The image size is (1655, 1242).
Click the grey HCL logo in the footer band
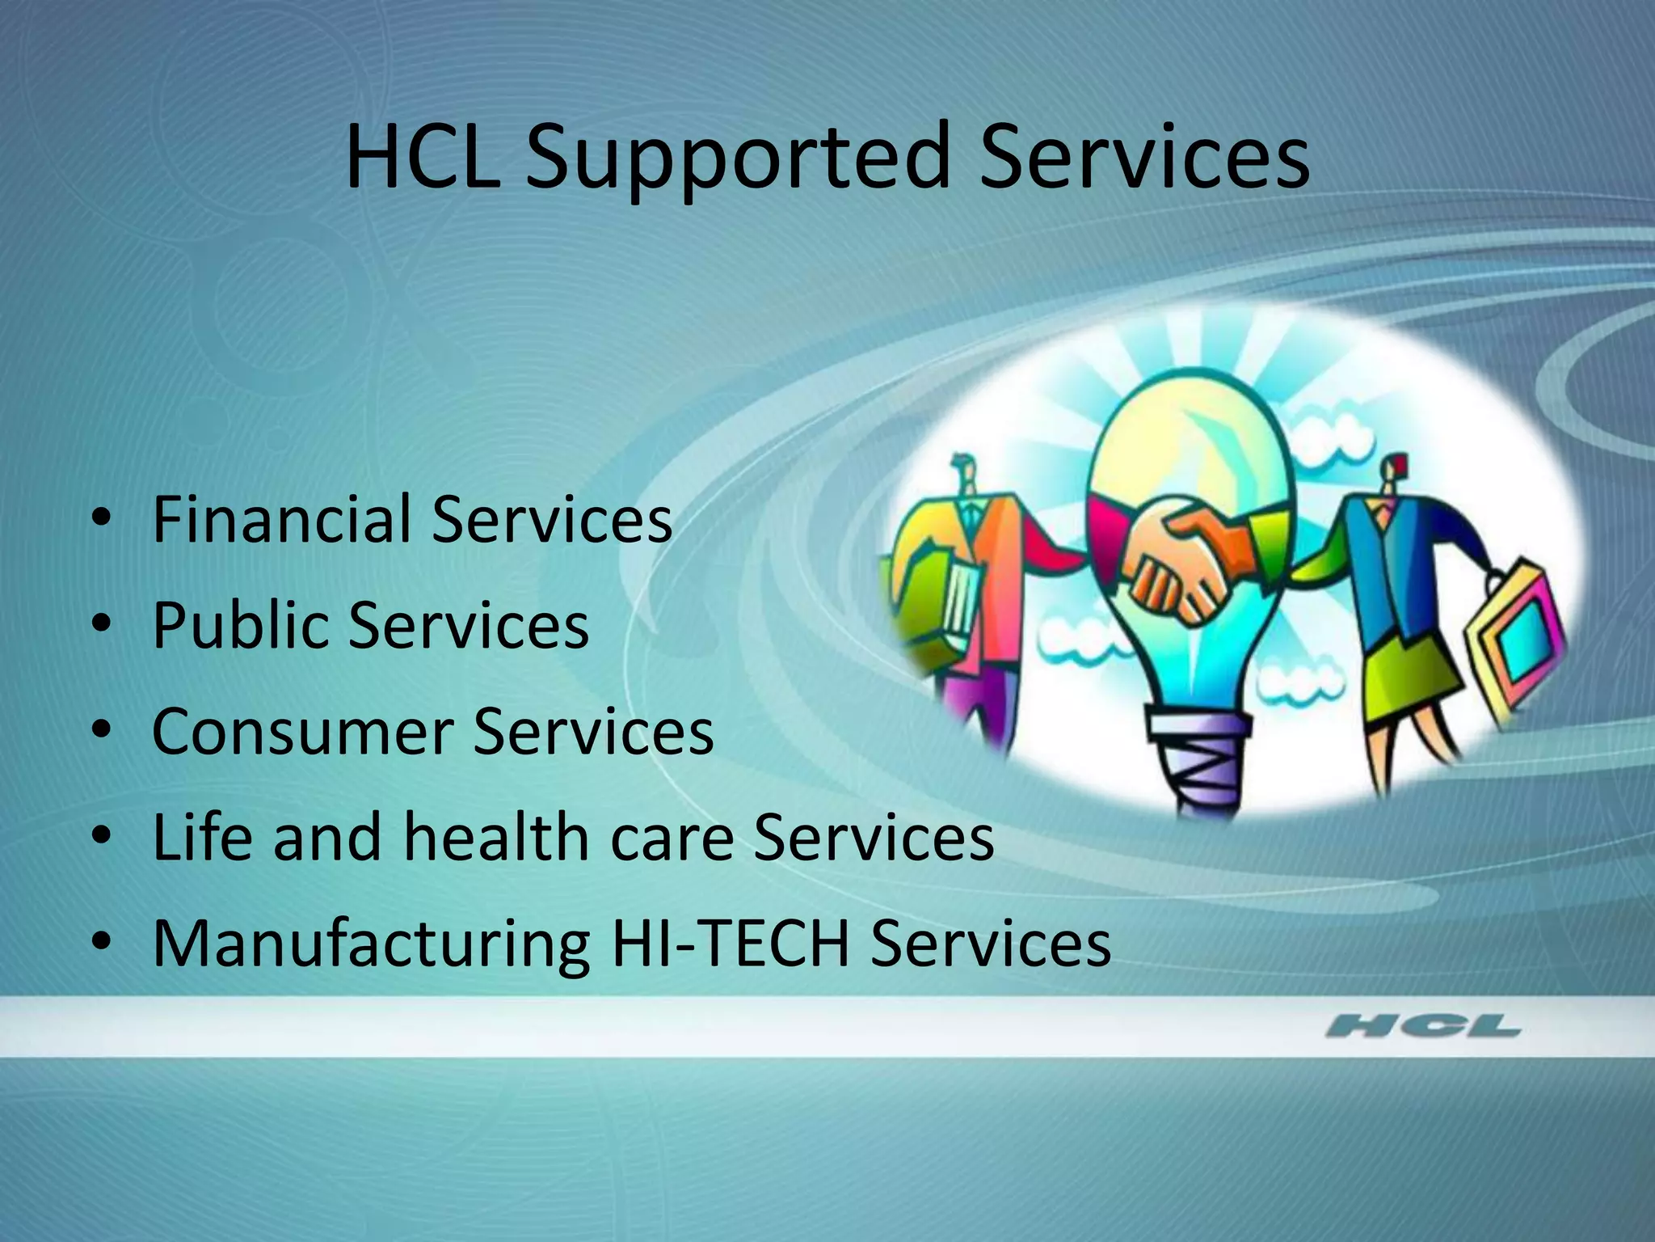coord(1422,1027)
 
